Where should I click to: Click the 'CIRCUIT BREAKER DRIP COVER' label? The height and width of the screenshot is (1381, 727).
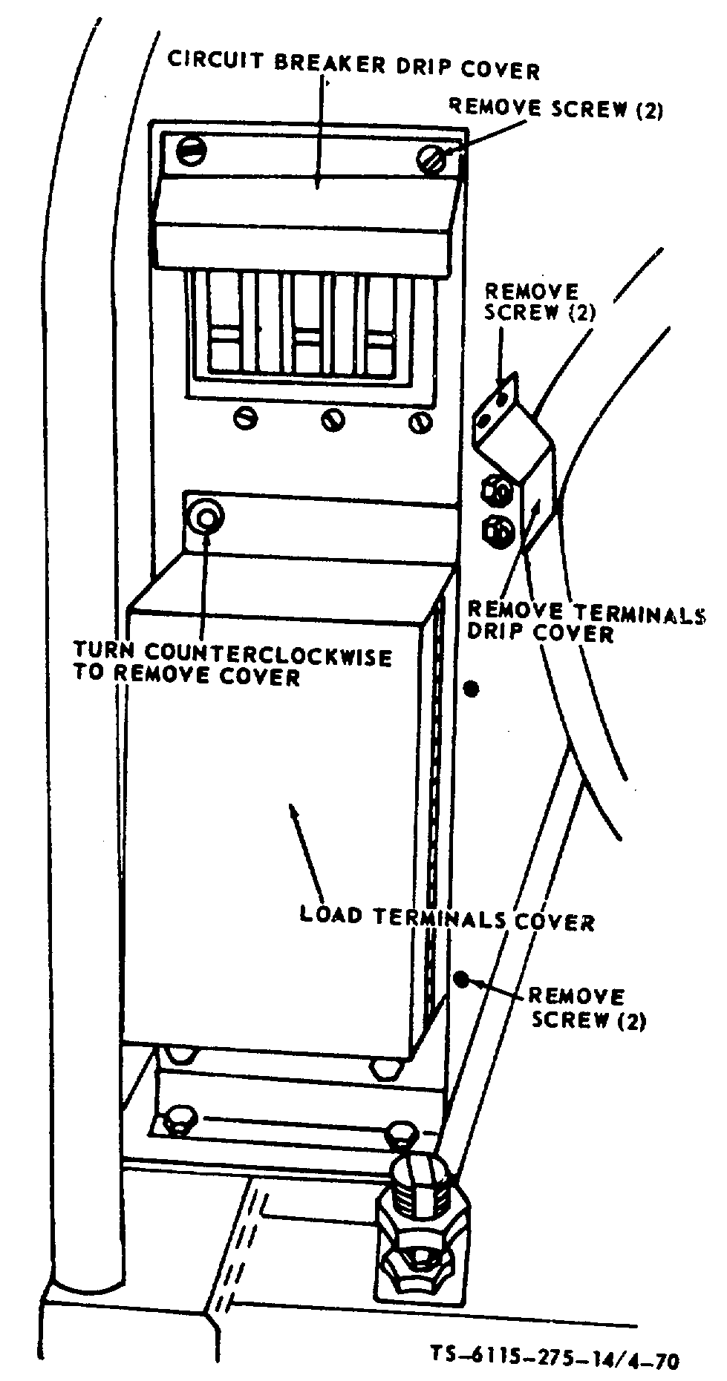point(353,65)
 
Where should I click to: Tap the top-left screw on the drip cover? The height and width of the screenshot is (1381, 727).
point(192,151)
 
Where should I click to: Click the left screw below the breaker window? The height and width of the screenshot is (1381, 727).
point(244,419)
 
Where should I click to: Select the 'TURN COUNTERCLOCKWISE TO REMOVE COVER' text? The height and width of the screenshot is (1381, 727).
point(232,664)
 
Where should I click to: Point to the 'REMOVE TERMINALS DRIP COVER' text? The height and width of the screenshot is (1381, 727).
point(584,622)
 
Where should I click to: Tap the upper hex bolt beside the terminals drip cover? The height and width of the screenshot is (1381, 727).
point(496,491)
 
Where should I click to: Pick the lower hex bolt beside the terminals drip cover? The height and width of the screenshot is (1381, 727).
point(496,530)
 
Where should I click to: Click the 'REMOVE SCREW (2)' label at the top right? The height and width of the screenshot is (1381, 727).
point(555,109)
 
